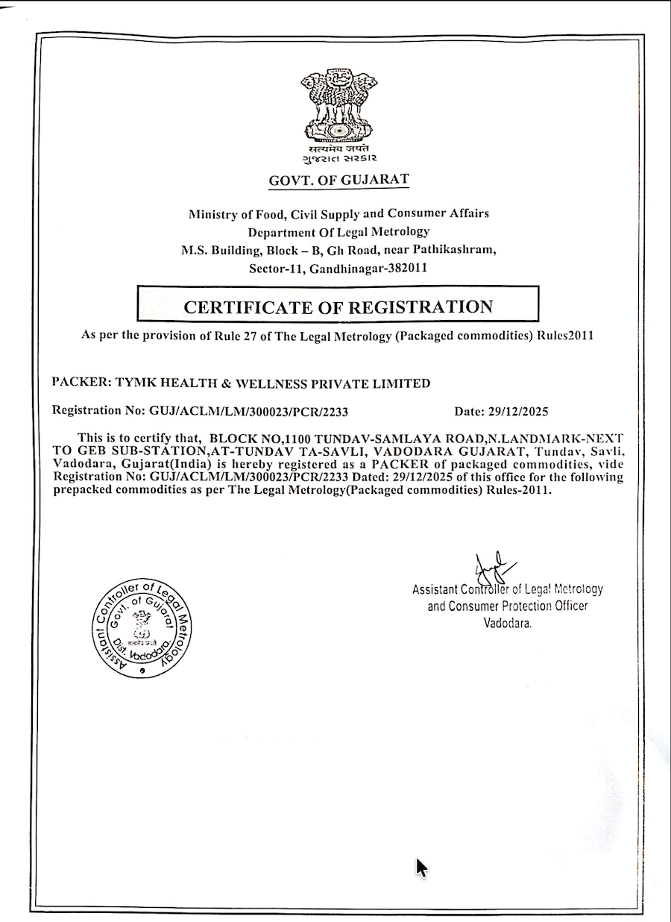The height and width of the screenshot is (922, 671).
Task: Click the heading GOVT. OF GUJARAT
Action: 339,180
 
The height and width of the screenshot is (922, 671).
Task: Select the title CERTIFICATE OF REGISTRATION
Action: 338,307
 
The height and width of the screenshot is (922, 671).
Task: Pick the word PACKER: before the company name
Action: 82,383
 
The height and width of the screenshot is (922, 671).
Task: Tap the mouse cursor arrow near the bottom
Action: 421,868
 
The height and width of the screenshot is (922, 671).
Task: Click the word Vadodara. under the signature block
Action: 508,623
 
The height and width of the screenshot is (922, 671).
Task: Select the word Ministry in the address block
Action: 215,213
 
